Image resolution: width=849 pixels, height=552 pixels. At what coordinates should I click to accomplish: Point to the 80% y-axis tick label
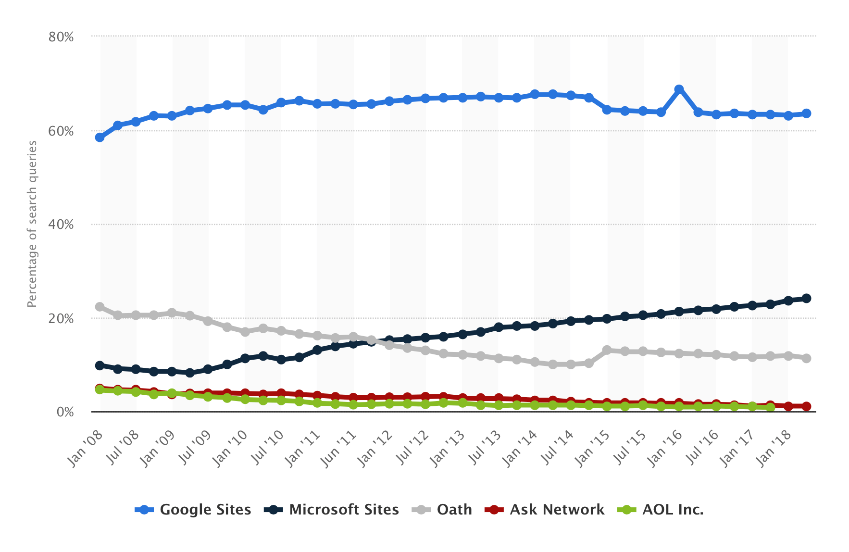[61, 37]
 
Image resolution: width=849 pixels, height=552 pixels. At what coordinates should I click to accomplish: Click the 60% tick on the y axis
[61, 131]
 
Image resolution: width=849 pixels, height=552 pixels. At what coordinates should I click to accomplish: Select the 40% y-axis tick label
[61, 225]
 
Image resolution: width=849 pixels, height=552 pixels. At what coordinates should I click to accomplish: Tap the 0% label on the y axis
[65, 412]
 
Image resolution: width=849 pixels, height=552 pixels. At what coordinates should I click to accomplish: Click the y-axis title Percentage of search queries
[32, 224]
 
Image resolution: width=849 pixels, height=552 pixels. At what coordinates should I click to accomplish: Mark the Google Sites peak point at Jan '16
[679, 89]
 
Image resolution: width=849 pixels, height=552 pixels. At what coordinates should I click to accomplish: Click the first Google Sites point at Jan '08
[100, 138]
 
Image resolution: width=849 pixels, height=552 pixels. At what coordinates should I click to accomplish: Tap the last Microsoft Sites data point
[806, 299]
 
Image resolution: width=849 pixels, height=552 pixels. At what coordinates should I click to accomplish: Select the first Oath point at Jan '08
[100, 307]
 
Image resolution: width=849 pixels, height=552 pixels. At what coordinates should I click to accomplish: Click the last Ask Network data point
[806, 406]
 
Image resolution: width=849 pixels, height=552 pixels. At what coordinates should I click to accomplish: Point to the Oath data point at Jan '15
[607, 350]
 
